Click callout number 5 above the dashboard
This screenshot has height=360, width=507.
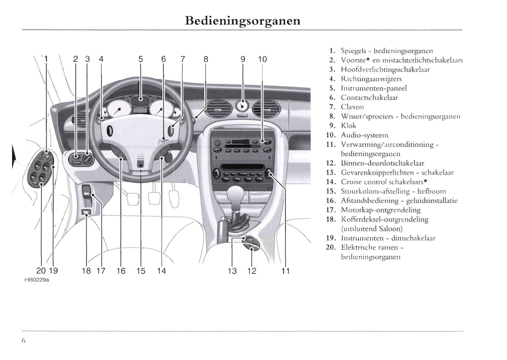pyautogui.click(x=141, y=59)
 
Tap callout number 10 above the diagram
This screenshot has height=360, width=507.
pyautogui.click(x=262, y=59)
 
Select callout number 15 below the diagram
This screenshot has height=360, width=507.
pyautogui.click(x=141, y=271)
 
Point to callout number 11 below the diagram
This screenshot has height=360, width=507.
pyautogui.click(x=286, y=271)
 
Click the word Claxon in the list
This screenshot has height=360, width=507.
pyautogui.click(x=352, y=107)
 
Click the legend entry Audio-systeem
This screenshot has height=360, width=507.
pyautogui.click(x=365, y=135)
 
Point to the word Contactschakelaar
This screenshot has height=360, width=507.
pyautogui.click(x=369, y=98)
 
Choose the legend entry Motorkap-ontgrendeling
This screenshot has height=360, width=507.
pyautogui.click(x=381, y=210)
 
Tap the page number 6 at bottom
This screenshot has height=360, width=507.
pyautogui.click(x=24, y=341)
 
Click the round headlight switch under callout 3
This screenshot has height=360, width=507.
pyautogui.click(x=88, y=160)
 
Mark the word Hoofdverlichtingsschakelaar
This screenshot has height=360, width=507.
pyautogui.click(x=385, y=69)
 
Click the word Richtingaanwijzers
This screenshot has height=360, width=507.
pyautogui.click(x=371, y=79)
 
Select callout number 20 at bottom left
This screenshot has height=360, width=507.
pyautogui.click(x=41, y=271)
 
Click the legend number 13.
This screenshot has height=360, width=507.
pyautogui.click(x=331, y=173)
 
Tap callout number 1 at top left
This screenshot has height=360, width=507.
pyautogui.click(x=46, y=59)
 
